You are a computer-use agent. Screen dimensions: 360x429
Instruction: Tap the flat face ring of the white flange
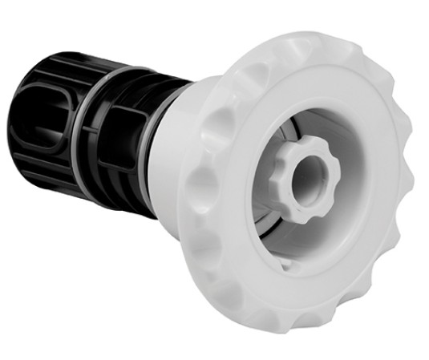pyautogui.click(x=337, y=265)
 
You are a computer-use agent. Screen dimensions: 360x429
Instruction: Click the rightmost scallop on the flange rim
pyautogui.click(x=409, y=172)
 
